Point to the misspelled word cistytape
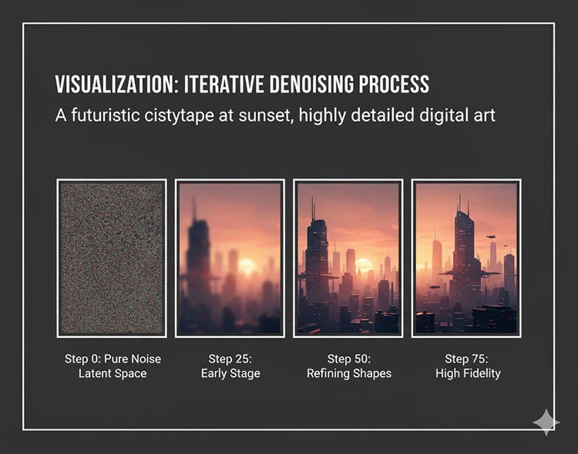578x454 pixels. click(x=179, y=115)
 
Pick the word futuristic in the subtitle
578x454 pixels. click(x=106, y=115)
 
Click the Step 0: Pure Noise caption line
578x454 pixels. click(x=113, y=359)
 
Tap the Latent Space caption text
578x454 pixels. click(x=113, y=373)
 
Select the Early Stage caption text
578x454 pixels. click(x=230, y=374)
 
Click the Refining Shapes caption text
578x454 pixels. click(x=349, y=374)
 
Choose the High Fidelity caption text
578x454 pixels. click(x=468, y=374)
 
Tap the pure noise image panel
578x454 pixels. click(x=112, y=259)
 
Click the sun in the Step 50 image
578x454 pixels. click(x=364, y=265)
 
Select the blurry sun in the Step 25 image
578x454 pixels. click(x=247, y=265)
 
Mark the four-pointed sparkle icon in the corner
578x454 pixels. click(x=546, y=422)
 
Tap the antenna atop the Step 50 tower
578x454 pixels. click(x=314, y=209)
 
